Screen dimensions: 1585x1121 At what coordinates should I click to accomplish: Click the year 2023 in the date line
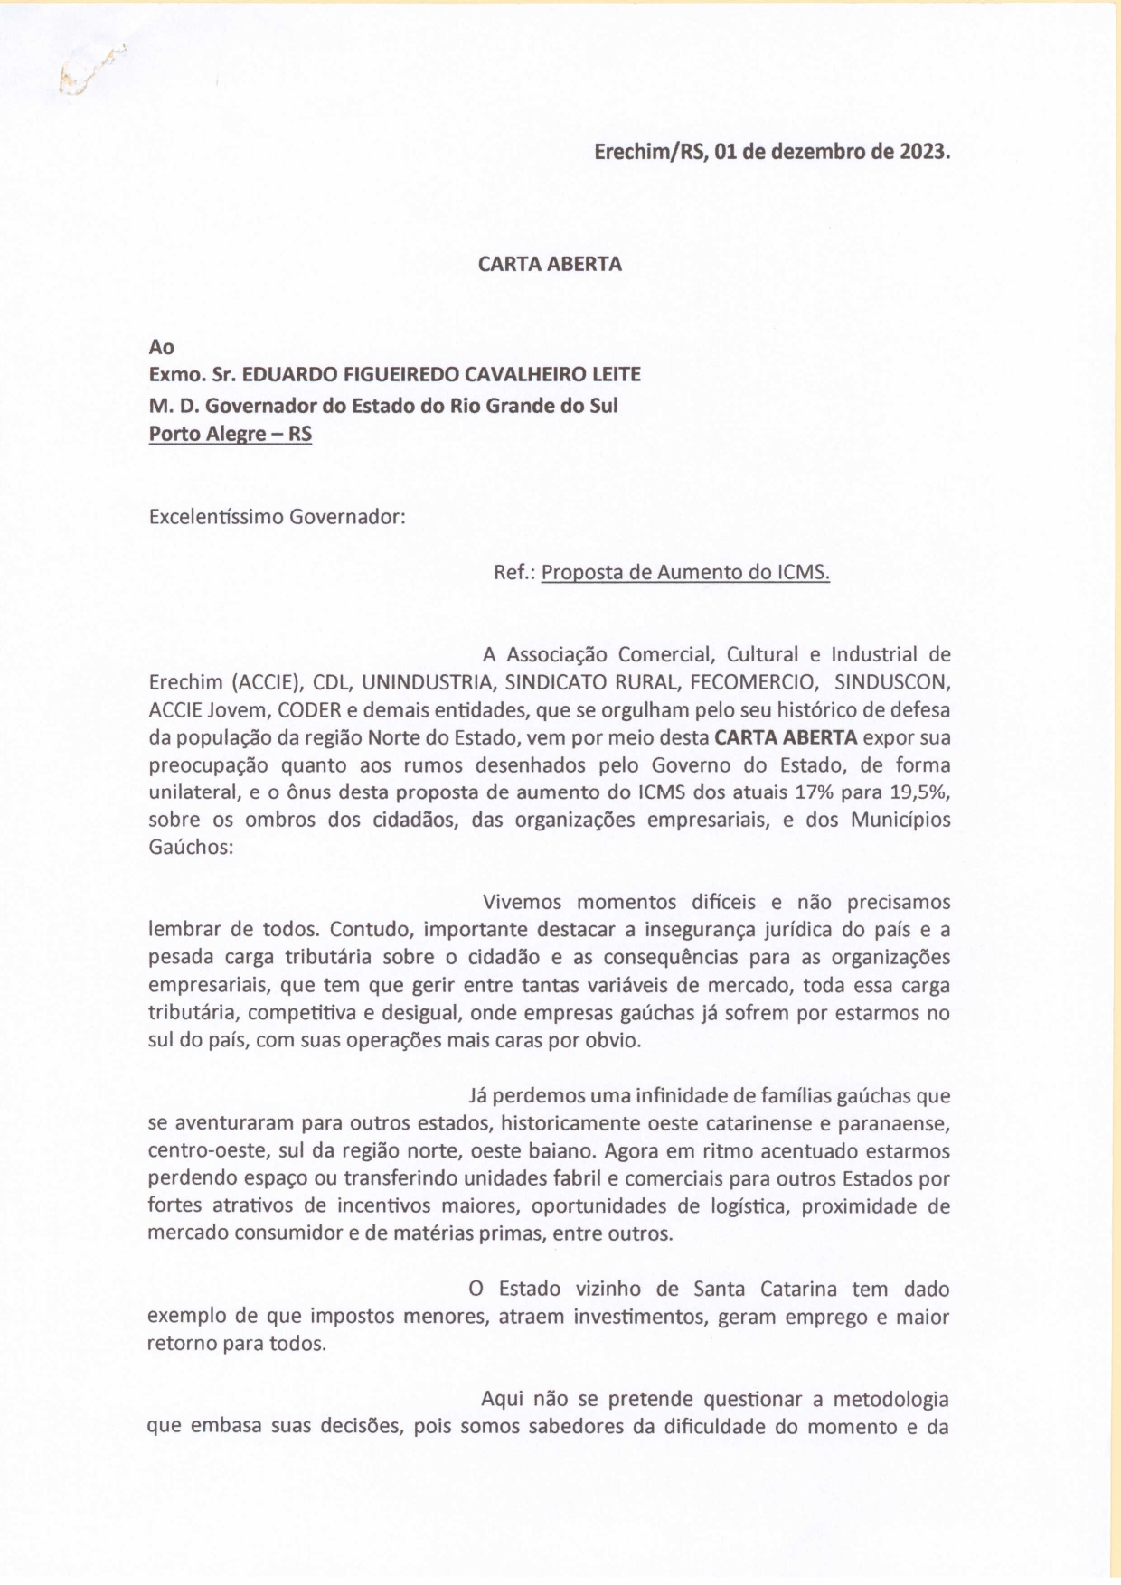click(x=923, y=152)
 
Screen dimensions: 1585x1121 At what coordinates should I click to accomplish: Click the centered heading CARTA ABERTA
click(x=550, y=264)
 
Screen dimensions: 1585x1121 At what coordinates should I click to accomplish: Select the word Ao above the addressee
click(x=162, y=347)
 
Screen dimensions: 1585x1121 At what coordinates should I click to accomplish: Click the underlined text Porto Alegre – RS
click(x=231, y=434)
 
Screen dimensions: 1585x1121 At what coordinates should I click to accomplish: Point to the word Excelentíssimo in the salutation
click(x=215, y=517)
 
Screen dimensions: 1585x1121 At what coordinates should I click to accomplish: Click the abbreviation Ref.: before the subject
click(x=515, y=572)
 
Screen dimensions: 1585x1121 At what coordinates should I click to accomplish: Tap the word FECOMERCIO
click(x=754, y=682)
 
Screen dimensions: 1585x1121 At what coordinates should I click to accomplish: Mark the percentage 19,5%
click(x=919, y=792)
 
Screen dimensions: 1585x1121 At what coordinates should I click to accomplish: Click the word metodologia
click(x=890, y=1400)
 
